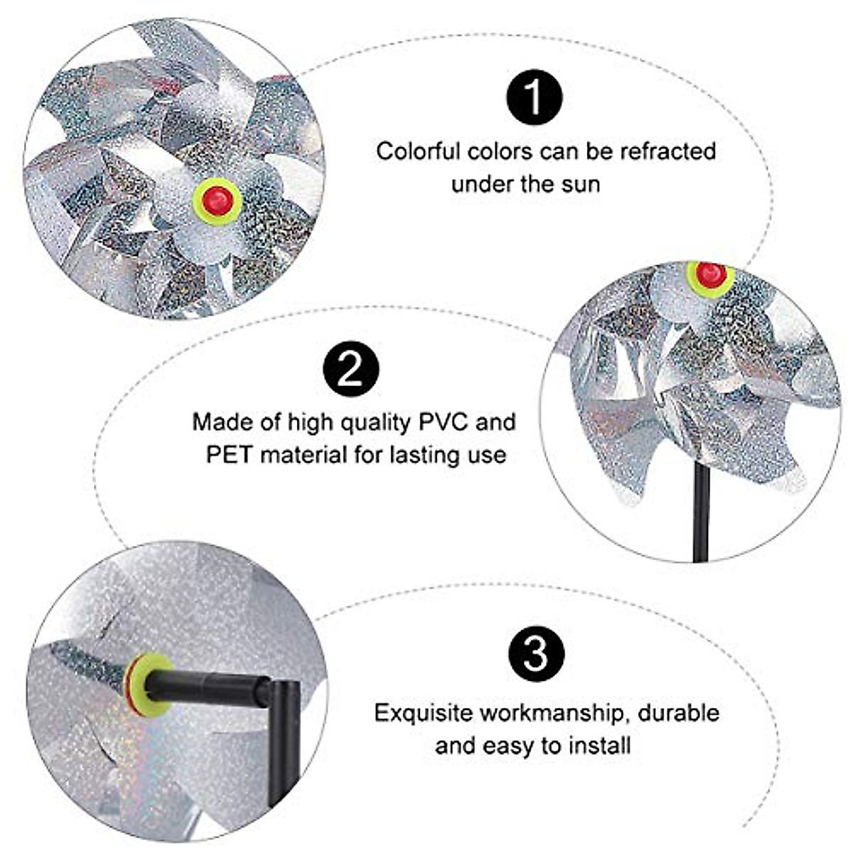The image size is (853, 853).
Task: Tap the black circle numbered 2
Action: [350, 370]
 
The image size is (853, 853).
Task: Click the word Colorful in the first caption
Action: [419, 151]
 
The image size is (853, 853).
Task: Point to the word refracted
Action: [668, 151]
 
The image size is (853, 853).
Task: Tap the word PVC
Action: [444, 422]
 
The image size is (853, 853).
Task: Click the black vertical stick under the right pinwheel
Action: [702, 512]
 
